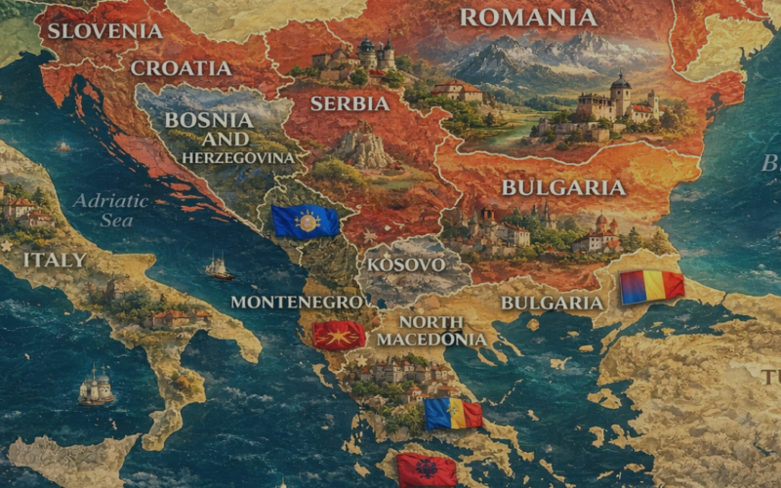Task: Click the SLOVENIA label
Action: pos(104,30)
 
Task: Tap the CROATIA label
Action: pos(181,68)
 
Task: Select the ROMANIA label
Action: pos(528,18)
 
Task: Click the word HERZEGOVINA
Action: pos(225,157)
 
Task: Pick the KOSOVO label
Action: pos(406,264)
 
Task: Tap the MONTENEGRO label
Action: pos(297,302)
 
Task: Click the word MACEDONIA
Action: pos(432,339)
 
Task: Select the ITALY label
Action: pos(54,260)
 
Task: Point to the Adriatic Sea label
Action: pos(110,210)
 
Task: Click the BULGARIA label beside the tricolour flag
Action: pos(553,303)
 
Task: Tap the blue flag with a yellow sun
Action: pos(306,223)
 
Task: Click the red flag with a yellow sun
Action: pos(339,336)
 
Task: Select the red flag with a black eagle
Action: pos(427,469)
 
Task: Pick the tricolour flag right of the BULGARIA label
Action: pos(651,286)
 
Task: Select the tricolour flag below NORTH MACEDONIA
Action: pos(453,414)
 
